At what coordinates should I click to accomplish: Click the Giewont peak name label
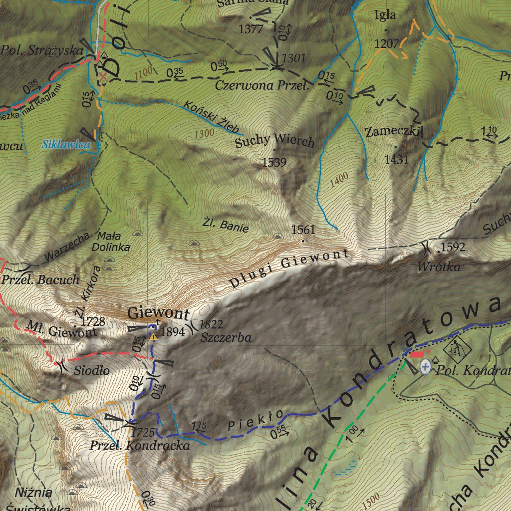[x=158, y=313]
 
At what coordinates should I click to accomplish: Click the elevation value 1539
[x=274, y=162]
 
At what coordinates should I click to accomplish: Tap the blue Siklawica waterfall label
[x=66, y=145]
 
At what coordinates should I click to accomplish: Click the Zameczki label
[x=391, y=132]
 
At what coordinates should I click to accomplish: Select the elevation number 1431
[x=397, y=160]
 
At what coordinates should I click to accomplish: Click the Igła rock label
[x=385, y=15]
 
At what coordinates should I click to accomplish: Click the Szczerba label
[x=226, y=338]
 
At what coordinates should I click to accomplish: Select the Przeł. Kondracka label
[x=140, y=446]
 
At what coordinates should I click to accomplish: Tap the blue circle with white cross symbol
[x=425, y=368]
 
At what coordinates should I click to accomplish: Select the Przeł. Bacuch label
[x=40, y=280]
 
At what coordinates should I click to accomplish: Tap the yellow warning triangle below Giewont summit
[x=154, y=337]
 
